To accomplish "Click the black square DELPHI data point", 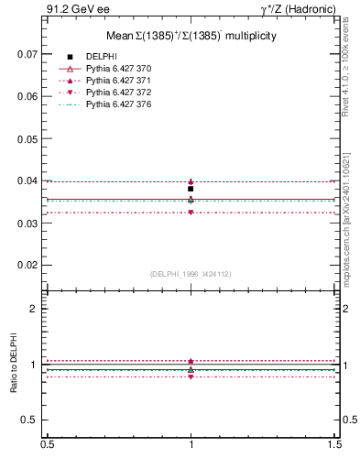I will point(191,189).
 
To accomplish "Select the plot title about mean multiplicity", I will point(191,36).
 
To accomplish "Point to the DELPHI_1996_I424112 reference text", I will point(191,273).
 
